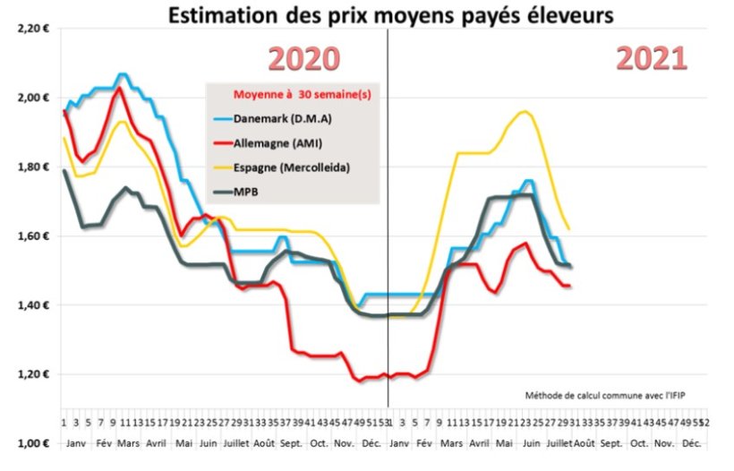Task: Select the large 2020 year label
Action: [x=304, y=59]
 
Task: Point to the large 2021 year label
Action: [x=651, y=59]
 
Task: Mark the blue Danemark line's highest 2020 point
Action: [x=123, y=74]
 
